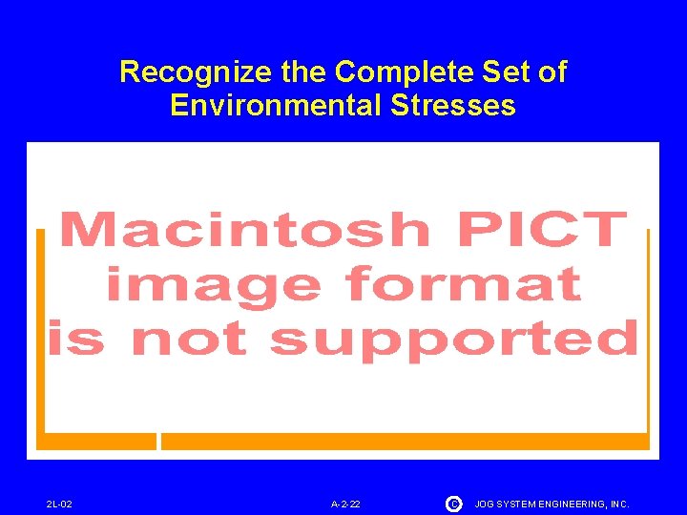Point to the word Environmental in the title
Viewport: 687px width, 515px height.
pyautogui.click(x=277, y=105)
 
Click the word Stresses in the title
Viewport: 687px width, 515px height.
pyautogui.click(x=453, y=105)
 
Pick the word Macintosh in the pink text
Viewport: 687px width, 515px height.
pyautogui.click(x=244, y=231)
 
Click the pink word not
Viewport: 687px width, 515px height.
pyautogui.click(x=190, y=340)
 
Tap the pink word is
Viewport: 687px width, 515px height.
pyautogui.click(x=79, y=338)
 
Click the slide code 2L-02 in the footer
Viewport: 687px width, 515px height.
pyautogui.click(x=59, y=504)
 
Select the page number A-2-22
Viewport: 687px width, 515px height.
pyautogui.click(x=345, y=504)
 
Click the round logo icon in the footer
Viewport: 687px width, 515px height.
pyautogui.click(x=453, y=503)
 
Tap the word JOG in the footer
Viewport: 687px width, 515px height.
pyautogui.click(x=486, y=504)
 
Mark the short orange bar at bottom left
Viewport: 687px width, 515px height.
pyautogui.click(x=96, y=441)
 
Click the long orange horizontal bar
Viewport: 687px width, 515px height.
pyautogui.click(x=405, y=441)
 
